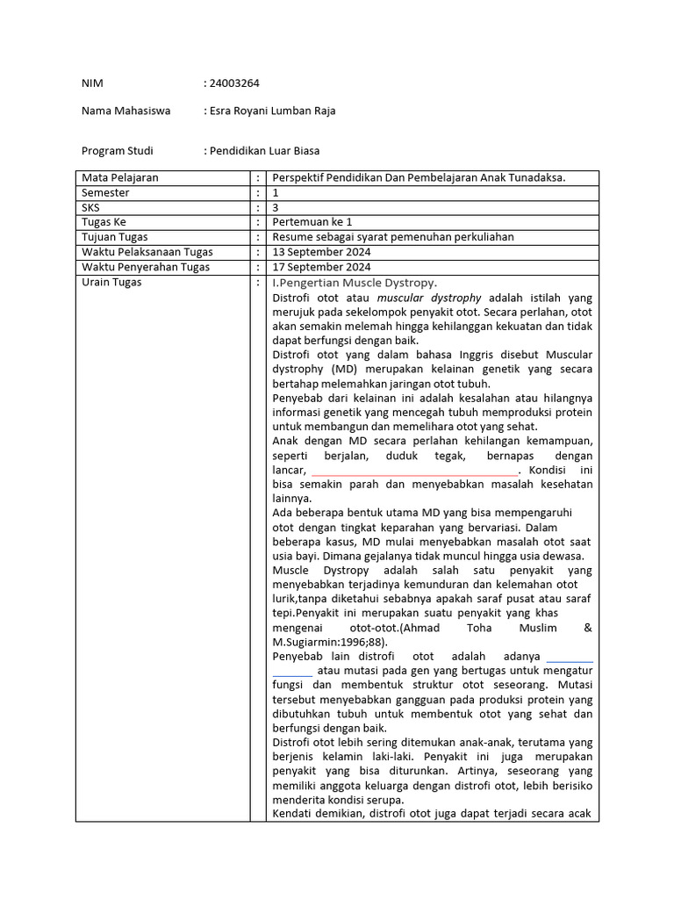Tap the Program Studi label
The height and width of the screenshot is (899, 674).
(117, 151)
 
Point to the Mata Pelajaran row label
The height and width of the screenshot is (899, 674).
(120, 177)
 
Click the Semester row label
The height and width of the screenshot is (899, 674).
(105, 192)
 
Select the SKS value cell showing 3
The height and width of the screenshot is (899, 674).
(276, 207)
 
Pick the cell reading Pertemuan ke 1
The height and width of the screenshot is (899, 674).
(312, 222)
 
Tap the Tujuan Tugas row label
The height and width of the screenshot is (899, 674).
(115, 237)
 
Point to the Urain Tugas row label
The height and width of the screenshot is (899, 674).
(111, 282)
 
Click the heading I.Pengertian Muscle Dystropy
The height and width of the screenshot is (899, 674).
(355, 283)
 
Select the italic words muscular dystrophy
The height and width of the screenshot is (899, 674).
(425, 298)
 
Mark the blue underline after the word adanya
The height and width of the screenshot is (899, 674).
(570, 661)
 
